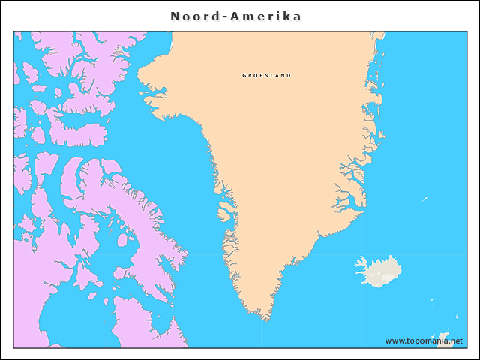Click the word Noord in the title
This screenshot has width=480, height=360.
[193, 16]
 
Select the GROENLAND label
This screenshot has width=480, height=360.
[266, 76]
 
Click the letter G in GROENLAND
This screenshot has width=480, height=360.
[244, 76]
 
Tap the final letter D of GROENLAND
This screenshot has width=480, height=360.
[289, 76]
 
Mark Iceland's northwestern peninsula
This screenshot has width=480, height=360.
[361, 262]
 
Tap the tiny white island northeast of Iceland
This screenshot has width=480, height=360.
[424, 199]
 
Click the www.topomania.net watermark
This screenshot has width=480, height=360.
[429, 341]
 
